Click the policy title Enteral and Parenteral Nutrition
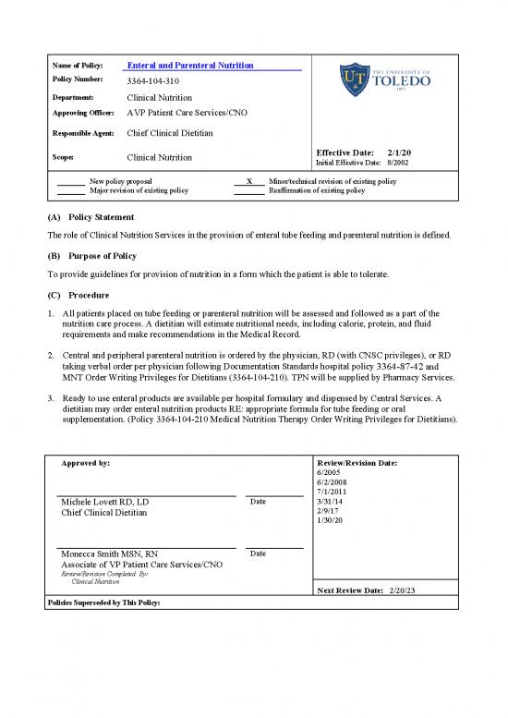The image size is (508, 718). coord(189,66)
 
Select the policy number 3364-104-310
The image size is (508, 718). coord(152,81)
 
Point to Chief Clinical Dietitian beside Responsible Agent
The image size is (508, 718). coord(170,133)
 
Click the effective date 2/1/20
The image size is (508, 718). coord(400,152)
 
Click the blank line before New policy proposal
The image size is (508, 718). coord(71,182)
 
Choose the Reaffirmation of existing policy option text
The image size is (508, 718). coord(316,190)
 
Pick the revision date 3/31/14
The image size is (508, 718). coord(329,501)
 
